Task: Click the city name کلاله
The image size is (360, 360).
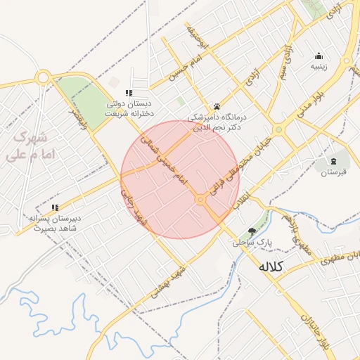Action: [x=271, y=267]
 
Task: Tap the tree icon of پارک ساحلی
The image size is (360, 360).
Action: [x=252, y=231]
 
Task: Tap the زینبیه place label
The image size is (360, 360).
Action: [x=319, y=67]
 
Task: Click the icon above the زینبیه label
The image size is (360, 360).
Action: [x=319, y=56]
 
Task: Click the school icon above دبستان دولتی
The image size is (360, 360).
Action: [x=128, y=93]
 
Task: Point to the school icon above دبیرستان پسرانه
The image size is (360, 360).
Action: [x=55, y=207]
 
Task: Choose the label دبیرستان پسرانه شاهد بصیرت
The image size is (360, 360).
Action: [x=56, y=222]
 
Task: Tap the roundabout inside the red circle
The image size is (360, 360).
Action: [x=201, y=200]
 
